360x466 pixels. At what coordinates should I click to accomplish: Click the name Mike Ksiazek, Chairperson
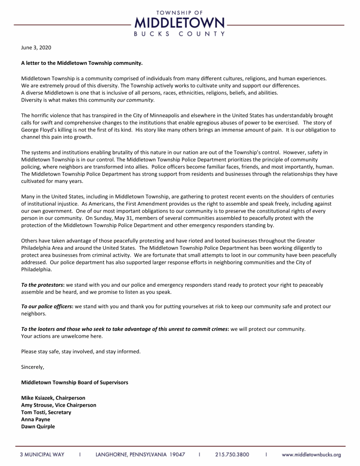click(53, 398)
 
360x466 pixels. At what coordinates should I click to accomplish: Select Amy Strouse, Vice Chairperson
click(58, 405)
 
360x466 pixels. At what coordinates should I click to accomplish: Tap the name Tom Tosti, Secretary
click(46, 412)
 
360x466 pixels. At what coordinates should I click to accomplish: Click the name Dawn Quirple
click(38, 427)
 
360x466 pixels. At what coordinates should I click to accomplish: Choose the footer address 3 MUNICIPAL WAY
click(41, 455)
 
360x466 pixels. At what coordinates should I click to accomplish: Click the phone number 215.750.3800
click(232, 455)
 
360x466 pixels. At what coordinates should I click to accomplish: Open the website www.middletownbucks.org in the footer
click(311, 455)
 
